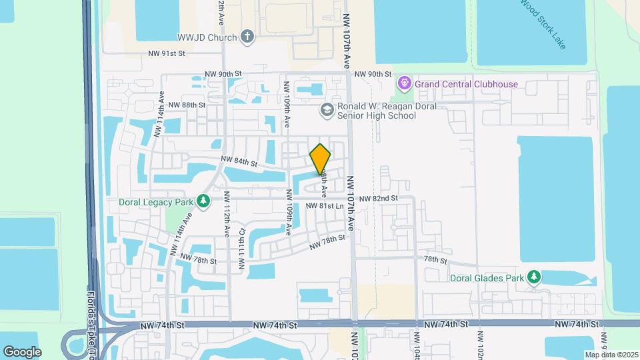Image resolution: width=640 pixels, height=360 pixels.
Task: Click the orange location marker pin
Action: coord(320,159)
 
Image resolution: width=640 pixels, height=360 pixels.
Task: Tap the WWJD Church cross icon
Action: coord(247,37)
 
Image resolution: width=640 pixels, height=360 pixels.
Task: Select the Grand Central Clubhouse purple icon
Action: coord(403,84)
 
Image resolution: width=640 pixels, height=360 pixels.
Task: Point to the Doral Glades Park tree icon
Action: coord(533,277)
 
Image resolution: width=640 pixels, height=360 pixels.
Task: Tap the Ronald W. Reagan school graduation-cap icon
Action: coord(327,110)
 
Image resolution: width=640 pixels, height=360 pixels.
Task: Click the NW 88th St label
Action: coord(187,105)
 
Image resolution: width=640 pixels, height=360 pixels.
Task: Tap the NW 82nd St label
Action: coord(378,199)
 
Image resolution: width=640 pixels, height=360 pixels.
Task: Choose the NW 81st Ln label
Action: coord(325,207)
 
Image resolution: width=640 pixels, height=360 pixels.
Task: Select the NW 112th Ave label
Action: coord(227,212)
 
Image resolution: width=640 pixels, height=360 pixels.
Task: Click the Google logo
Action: coord(22,351)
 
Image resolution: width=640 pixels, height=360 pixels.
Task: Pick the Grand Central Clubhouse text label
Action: coord(466,85)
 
